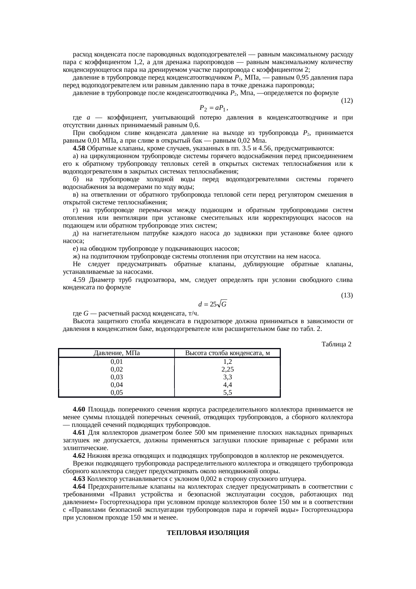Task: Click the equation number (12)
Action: tap(347, 100)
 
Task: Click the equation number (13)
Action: tap(347, 295)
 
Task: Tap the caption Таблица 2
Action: tap(336, 344)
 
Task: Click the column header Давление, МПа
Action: tap(116, 353)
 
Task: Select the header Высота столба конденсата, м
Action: tap(227, 353)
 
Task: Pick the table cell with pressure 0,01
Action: tap(116, 362)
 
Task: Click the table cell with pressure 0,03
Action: tap(116, 377)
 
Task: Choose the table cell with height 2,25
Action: tap(227, 370)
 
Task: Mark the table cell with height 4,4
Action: tap(227, 385)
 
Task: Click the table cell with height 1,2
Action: tap(227, 362)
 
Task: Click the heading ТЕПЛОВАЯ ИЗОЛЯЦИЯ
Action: tap(208, 533)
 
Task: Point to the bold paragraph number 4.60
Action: tap(79, 409)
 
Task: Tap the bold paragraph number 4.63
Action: tap(79, 479)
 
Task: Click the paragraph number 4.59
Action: tap(79, 280)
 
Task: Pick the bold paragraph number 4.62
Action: tap(79, 456)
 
